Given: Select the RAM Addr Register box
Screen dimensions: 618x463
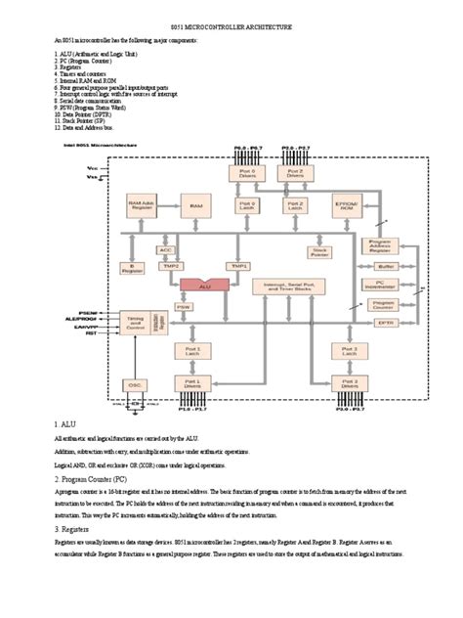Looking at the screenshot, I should (x=143, y=205).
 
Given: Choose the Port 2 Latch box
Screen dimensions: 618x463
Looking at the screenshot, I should (x=295, y=206).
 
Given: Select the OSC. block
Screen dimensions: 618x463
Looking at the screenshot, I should (x=138, y=385).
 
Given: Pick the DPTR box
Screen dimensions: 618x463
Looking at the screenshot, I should (x=385, y=322).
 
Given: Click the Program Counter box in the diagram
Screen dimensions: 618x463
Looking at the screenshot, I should (x=385, y=304).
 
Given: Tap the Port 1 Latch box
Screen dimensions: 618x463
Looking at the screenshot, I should (x=192, y=349).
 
